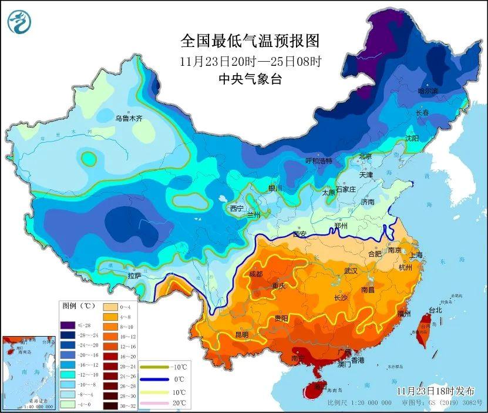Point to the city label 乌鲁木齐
point(129,118)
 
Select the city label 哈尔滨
point(428,90)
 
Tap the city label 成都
point(257,273)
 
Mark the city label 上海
point(416,255)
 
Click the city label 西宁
point(237,208)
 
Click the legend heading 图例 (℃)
point(79,305)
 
